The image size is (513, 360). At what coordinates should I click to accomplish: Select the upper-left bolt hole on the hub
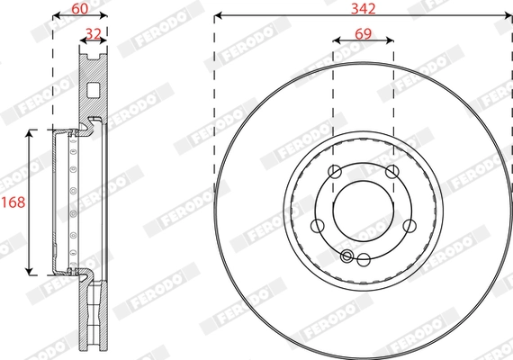[334, 173]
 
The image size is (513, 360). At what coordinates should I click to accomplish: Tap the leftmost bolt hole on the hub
[318, 226]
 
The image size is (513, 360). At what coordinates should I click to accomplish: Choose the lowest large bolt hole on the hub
[363, 259]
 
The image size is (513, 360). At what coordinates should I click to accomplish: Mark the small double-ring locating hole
[348, 256]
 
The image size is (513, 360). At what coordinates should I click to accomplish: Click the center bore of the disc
[363, 211]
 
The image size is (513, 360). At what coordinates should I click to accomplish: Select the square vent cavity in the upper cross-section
[94, 90]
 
